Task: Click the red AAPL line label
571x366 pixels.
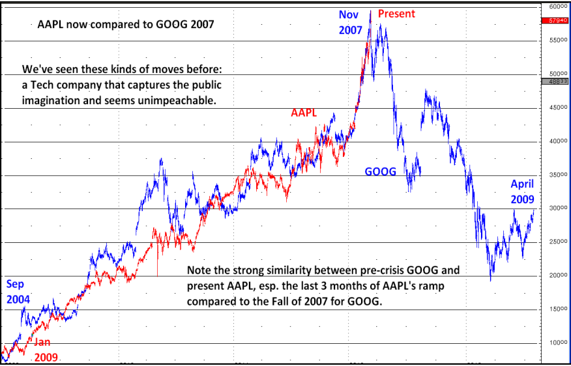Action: coord(304,113)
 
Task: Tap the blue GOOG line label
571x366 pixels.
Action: coord(380,172)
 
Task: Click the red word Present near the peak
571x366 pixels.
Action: coord(396,14)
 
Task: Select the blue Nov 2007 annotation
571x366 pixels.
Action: coord(350,22)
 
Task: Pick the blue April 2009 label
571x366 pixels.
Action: coord(522,191)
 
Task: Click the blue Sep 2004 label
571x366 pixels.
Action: coord(18,291)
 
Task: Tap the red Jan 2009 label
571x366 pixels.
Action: coord(46,350)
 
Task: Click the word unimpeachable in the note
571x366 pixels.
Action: coord(190,102)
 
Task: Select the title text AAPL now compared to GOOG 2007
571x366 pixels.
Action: coord(126,25)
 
